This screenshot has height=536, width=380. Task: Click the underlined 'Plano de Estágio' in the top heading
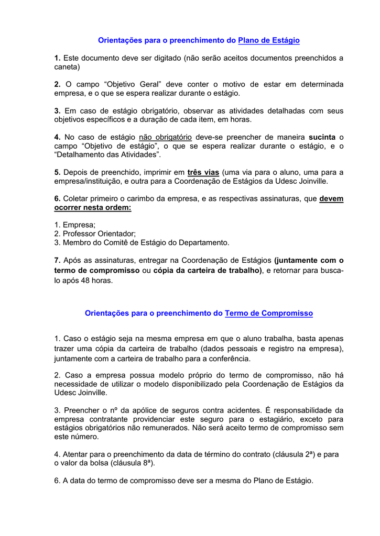269,40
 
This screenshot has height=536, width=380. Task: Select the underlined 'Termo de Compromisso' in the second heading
269,313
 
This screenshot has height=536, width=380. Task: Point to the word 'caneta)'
67,67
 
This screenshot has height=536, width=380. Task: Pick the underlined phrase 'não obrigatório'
165,137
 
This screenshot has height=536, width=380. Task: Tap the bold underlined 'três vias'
203,172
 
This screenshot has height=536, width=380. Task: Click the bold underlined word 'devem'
331,199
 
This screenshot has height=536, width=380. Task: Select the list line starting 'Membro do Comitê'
142,243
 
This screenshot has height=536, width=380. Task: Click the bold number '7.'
58,260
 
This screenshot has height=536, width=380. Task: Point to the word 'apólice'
142,410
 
